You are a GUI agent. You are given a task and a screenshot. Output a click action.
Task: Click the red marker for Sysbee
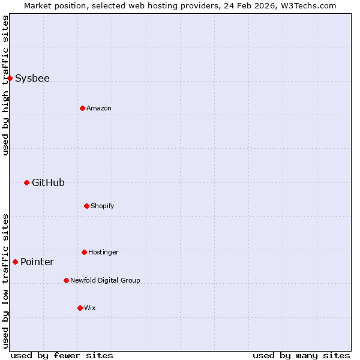(x=10, y=78)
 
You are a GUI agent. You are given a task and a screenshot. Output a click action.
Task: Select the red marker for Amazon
(x=82, y=108)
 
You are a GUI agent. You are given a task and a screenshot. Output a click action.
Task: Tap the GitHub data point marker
(x=26, y=182)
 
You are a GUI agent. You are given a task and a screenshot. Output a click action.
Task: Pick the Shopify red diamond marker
(x=86, y=206)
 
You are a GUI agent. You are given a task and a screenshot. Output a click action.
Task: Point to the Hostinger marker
(x=84, y=252)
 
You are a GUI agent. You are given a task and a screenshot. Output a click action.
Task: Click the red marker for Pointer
(x=15, y=262)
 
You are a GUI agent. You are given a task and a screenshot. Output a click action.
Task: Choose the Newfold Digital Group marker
(x=66, y=280)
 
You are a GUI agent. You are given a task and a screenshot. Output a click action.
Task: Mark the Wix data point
(x=80, y=308)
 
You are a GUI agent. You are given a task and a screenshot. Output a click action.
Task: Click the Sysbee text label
(x=32, y=78)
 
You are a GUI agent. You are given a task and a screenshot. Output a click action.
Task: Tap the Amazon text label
(x=99, y=108)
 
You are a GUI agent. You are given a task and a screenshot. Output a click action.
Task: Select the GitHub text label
(x=48, y=182)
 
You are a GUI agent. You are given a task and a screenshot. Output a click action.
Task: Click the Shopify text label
(x=103, y=206)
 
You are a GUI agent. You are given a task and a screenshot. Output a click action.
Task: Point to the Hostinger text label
(x=103, y=252)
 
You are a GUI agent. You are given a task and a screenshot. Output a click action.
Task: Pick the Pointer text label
(x=37, y=262)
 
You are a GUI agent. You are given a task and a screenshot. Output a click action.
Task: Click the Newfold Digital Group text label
(x=105, y=280)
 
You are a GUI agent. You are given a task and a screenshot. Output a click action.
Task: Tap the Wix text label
(x=90, y=308)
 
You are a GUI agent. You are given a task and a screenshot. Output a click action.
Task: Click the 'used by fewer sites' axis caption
(x=62, y=355)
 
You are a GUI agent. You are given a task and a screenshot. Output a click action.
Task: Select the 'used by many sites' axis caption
(x=301, y=355)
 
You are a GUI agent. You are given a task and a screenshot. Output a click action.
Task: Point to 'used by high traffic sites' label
(x=5, y=85)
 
